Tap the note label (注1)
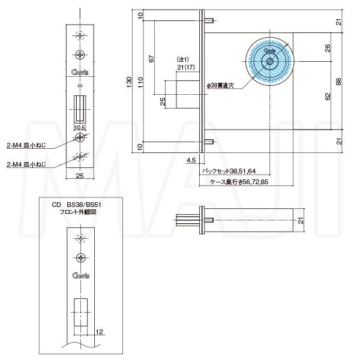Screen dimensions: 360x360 point(182,59)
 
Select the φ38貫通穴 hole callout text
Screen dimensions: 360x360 point(223,86)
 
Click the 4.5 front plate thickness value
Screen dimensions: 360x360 point(191,160)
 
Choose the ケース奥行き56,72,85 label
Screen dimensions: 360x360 point(239,181)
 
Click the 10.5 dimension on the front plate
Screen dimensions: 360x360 point(80,128)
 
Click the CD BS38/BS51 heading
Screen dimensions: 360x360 point(73,205)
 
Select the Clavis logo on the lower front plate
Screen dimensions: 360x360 point(80,277)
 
